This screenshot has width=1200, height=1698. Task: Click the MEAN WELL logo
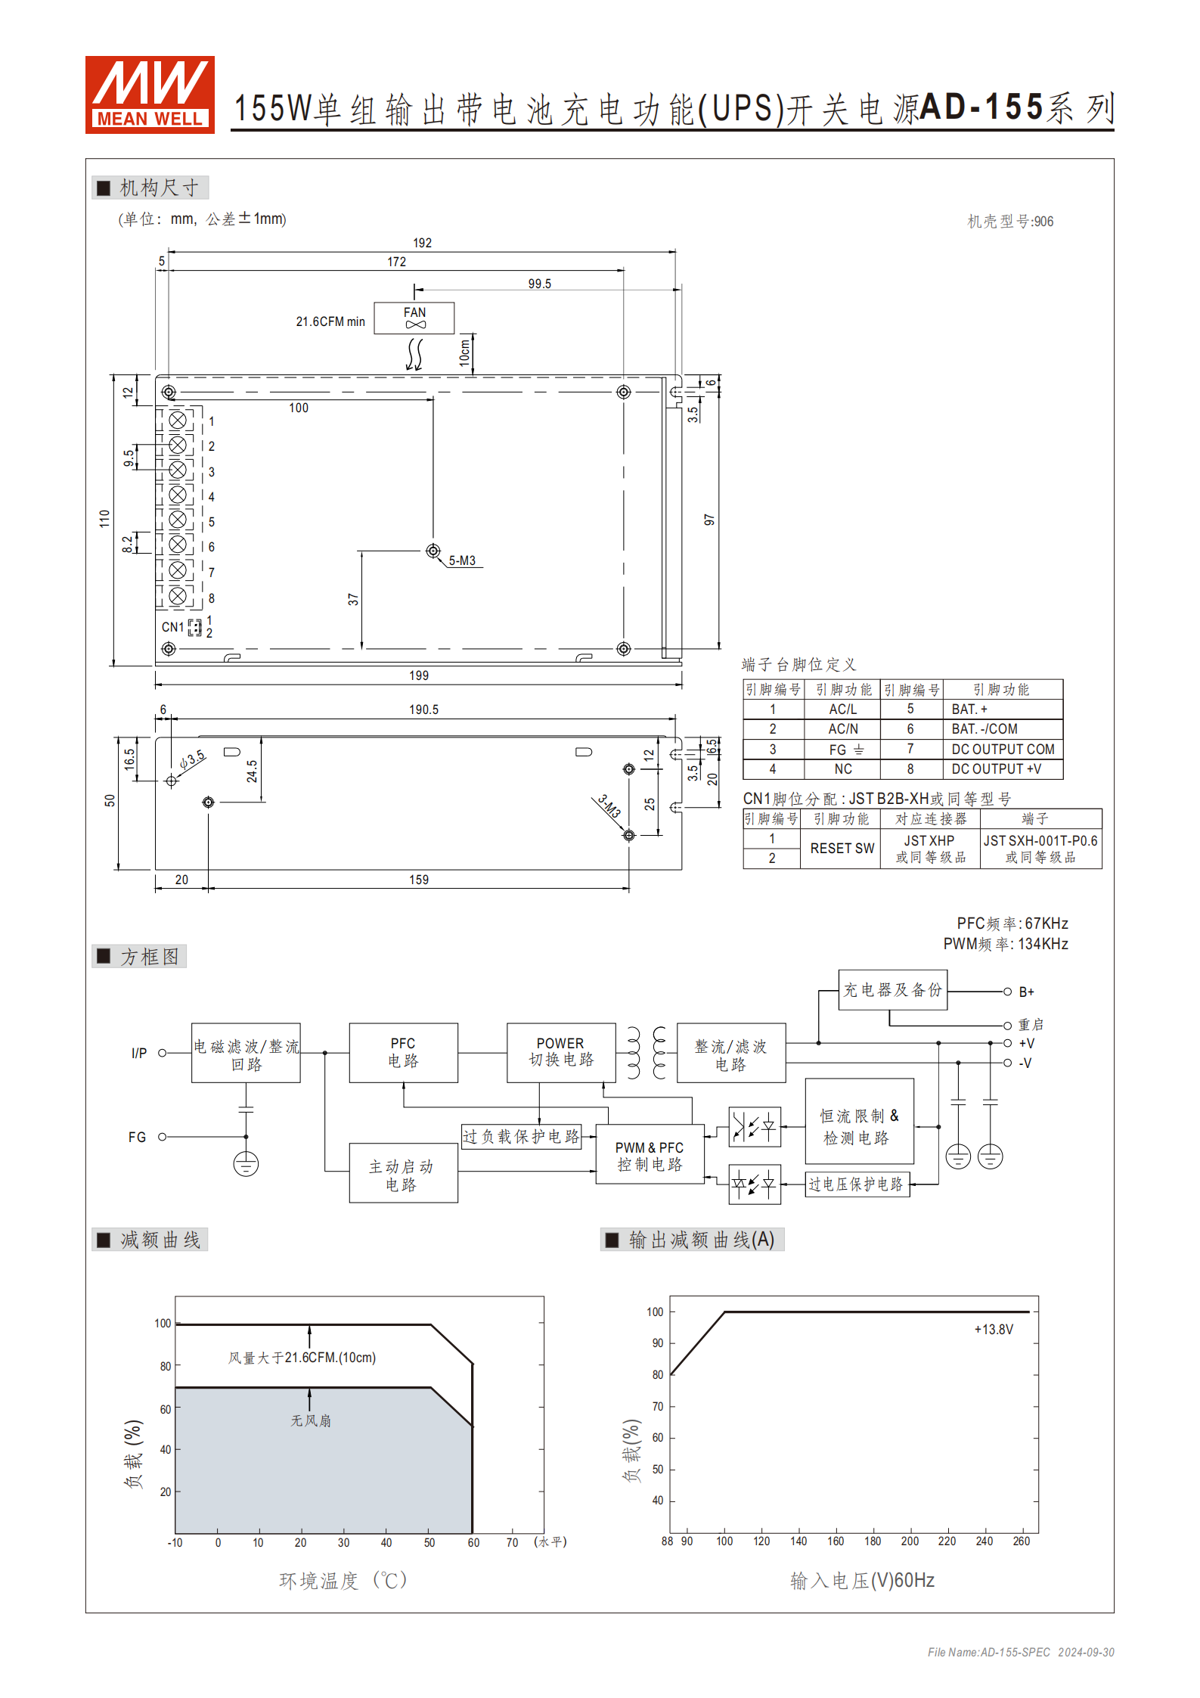pyautogui.click(x=150, y=95)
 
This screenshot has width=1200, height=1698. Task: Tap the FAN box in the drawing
pyautogui.click(x=414, y=318)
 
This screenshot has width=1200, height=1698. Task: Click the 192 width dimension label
pyautogui.click(x=422, y=243)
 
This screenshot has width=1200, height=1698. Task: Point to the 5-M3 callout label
pyautogui.click(x=462, y=560)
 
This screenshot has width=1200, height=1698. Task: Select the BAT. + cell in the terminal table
pyautogui.click(x=969, y=709)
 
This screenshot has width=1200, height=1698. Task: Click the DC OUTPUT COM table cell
pyautogui.click(x=1003, y=750)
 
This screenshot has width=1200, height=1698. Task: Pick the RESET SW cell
pyautogui.click(x=842, y=849)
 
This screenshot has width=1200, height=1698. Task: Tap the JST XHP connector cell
pyautogui.click(x=929, y=848)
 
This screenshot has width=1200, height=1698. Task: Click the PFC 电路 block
pyautogui.click(x=403, y=1052)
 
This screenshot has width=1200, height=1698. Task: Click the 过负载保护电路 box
pyautogui.click(x=521, y=1137)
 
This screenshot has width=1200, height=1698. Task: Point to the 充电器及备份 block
pyautogui.click(x=892, y=990)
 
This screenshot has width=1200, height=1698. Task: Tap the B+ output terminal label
pyautogui.click(x=1026, y=992)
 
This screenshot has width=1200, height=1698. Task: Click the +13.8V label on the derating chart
pyautogui.click(x=994, y=1330)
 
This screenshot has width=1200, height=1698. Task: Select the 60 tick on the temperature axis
pyautogui.click(x=473, y=1543)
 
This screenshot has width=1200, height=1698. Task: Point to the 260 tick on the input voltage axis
pyautogui.click(x=1021, y=1541)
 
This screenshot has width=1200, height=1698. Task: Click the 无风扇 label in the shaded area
pyautogui.click(x=311, y=1421)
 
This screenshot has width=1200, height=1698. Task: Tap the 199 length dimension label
pyautogui.click(x=419, y=675)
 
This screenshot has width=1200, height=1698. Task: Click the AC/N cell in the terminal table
pyautogui.click(x=843, y=729)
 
